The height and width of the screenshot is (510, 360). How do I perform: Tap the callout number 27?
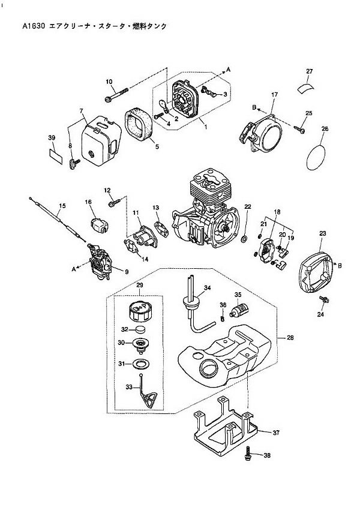[x=310, y=72]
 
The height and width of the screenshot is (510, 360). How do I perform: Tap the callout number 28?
[x=290, y=338]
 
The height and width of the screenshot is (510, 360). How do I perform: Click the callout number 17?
[x=274, y=95]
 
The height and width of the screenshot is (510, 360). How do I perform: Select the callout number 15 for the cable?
[x=61, y=206]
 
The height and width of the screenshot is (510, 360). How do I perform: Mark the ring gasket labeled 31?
[x=142, y=364]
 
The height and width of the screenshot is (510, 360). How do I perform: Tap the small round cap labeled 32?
[x=140, y=329]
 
